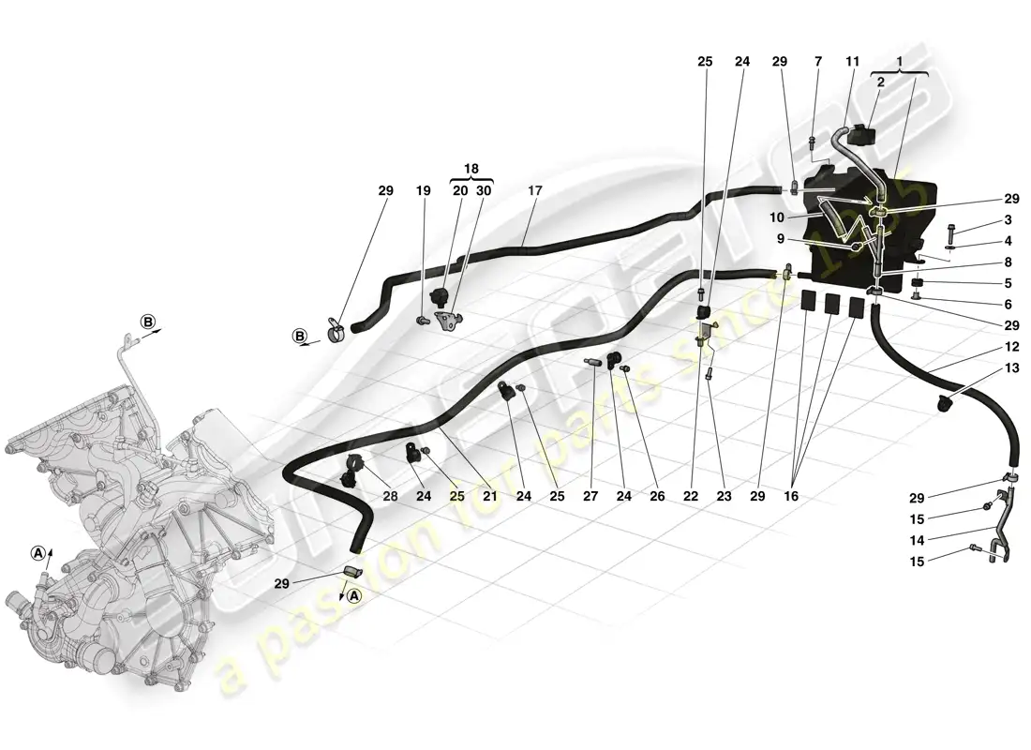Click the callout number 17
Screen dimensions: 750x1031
[x=535, y=190]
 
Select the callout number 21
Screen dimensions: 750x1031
[x=490, y=496]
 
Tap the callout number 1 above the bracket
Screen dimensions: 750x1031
[x=900, y=62]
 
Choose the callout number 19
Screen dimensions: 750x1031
[x=424, y=190]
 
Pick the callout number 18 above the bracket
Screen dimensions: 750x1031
[x=471, y=169]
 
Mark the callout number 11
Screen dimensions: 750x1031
[x=852, y=62]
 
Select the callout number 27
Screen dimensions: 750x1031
[x=590, y=496]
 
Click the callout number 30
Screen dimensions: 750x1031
[x=484, y=190]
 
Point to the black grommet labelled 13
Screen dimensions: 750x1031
[x=944, y=404]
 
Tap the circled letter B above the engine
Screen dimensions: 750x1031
[x=148, y=322]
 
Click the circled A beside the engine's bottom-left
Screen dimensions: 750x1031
[x=38, y=553]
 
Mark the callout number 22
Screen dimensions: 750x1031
[x=691, y=496]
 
